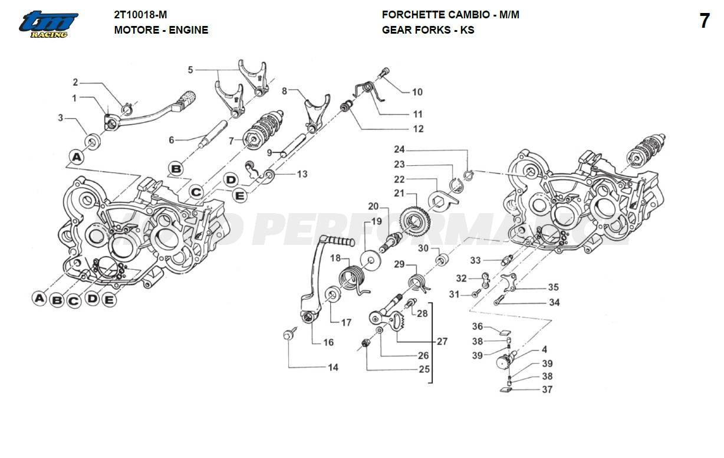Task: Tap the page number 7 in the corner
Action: coord(705,21)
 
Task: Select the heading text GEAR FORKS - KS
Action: coord(427,30)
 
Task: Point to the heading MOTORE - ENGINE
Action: coord(161,30)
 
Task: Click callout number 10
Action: coord(417,92)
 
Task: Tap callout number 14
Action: coord(333,367)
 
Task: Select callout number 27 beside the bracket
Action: coord(442,341)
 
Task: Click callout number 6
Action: coord(172,140)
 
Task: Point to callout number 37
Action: coord(547,390)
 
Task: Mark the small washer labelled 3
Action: coord(93,141)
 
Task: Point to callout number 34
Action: coord(554,303)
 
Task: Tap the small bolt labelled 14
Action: coord(289,335)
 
